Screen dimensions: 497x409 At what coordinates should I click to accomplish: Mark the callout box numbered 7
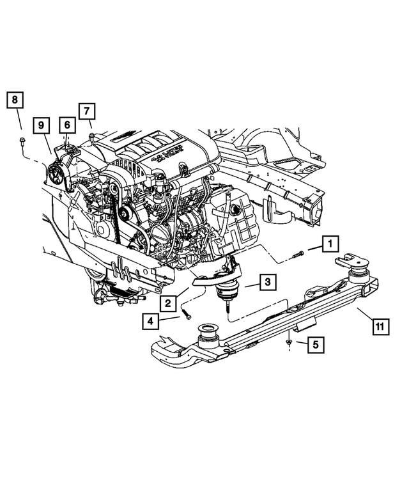coord(87,111)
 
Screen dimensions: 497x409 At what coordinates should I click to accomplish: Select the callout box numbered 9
coord(41,125)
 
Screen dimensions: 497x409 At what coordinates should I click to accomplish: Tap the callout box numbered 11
coord(379,327)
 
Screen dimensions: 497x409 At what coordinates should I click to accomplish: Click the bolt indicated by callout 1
coord(297,255)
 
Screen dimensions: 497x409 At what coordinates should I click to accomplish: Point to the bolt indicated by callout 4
coord(187,314)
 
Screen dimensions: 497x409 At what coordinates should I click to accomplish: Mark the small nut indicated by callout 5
coord(289,343)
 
